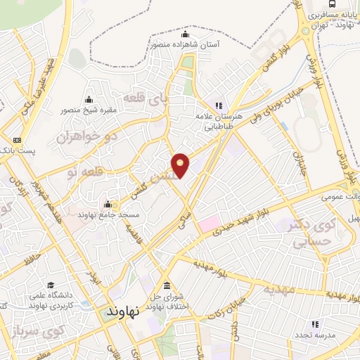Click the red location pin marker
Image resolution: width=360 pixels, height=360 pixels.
coord(181,165)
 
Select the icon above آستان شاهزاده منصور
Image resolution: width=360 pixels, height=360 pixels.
coord(186,35)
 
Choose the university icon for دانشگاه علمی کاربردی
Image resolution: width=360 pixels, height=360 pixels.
coord(51,285)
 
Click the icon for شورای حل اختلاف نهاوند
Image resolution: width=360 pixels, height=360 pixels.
coord(167,286)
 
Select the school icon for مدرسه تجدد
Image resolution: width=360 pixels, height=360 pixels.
coord(314,323)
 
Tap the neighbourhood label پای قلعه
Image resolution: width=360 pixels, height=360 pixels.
coord(143,99)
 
